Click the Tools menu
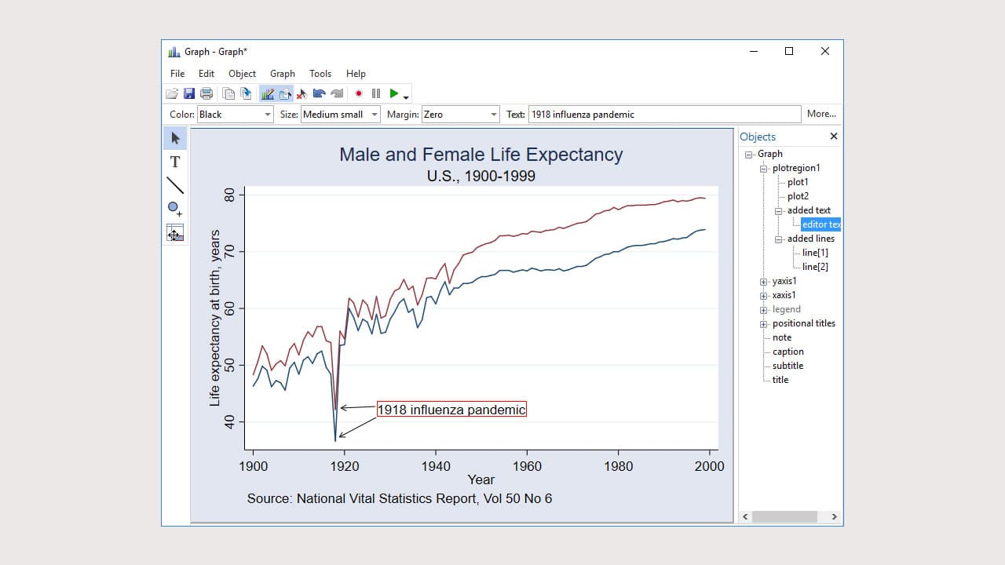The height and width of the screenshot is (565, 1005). [320, 74]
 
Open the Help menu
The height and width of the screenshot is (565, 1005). [356, 74]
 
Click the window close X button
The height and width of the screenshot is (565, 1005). [824, 51]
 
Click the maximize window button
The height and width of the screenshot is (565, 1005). [789, 51]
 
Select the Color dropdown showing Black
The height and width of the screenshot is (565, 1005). [235, 115]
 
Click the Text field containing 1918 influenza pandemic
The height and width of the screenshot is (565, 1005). [664, 115]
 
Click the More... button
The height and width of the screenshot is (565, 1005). [821, 114]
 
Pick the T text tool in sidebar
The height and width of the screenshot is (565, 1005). [175, 162]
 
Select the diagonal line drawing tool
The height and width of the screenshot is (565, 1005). [175, 185]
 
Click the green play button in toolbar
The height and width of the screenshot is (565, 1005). [394, 93]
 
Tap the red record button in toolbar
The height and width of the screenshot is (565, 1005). [359, 93]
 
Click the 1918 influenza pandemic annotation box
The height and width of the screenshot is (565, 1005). [451, 409]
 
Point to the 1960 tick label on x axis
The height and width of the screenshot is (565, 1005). [527, 466]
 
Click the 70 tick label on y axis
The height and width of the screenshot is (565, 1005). [229, 251]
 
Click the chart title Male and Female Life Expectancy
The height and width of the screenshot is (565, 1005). [481, 155]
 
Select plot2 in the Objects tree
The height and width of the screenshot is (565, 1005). [798, 196]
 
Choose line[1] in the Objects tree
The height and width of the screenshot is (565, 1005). [815, 253]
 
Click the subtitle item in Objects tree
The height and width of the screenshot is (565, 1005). [788, 366]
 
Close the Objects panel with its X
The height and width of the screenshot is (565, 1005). [834, 137]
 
